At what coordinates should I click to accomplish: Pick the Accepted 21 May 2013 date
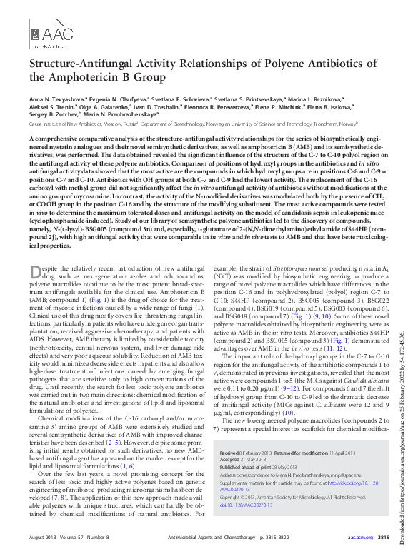coord(239,440)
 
